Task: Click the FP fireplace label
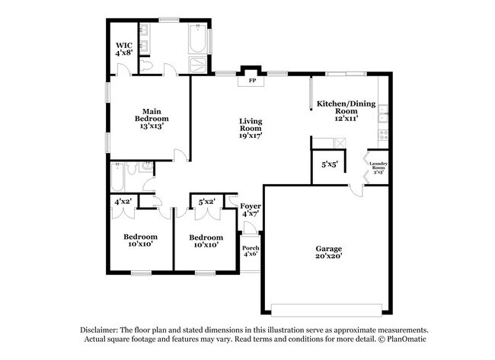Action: point(251,80)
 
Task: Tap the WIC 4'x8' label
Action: point(124,49)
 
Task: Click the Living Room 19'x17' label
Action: point(251,129)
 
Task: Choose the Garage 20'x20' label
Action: point(329,253)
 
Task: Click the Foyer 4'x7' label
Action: point(251,211)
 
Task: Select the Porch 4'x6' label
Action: point(251,250)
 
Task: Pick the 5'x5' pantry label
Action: point(330,164)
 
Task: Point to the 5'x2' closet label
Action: point(206,202)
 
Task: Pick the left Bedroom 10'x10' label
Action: point(141,241)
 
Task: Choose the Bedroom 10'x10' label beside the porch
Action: point(206,241)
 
